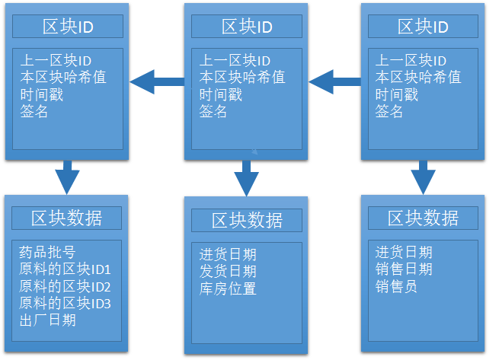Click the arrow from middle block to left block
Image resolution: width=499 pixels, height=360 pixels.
157,81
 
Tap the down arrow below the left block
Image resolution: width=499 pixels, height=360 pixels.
67,177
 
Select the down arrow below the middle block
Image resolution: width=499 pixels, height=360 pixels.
246,178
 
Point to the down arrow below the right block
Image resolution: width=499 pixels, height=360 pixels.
423,177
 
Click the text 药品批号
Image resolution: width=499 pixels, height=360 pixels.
47,252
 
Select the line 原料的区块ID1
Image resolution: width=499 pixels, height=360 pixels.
65,269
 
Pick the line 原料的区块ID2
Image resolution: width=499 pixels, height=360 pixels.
65,286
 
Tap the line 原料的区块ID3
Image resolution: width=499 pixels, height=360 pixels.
65,303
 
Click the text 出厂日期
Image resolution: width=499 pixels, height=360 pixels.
47,320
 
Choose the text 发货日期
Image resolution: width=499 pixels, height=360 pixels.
228,271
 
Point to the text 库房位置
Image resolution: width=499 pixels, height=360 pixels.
228,288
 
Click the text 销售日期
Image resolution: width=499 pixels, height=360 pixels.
404,269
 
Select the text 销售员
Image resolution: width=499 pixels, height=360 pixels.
396,286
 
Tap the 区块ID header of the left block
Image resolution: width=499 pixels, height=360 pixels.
68,27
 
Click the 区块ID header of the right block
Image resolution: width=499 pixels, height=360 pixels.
423,27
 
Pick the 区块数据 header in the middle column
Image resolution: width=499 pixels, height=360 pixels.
247,220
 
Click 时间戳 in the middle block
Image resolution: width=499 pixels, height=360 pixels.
221,94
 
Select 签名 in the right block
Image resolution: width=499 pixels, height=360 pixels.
389,111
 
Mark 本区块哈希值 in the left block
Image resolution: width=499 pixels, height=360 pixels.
63,78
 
